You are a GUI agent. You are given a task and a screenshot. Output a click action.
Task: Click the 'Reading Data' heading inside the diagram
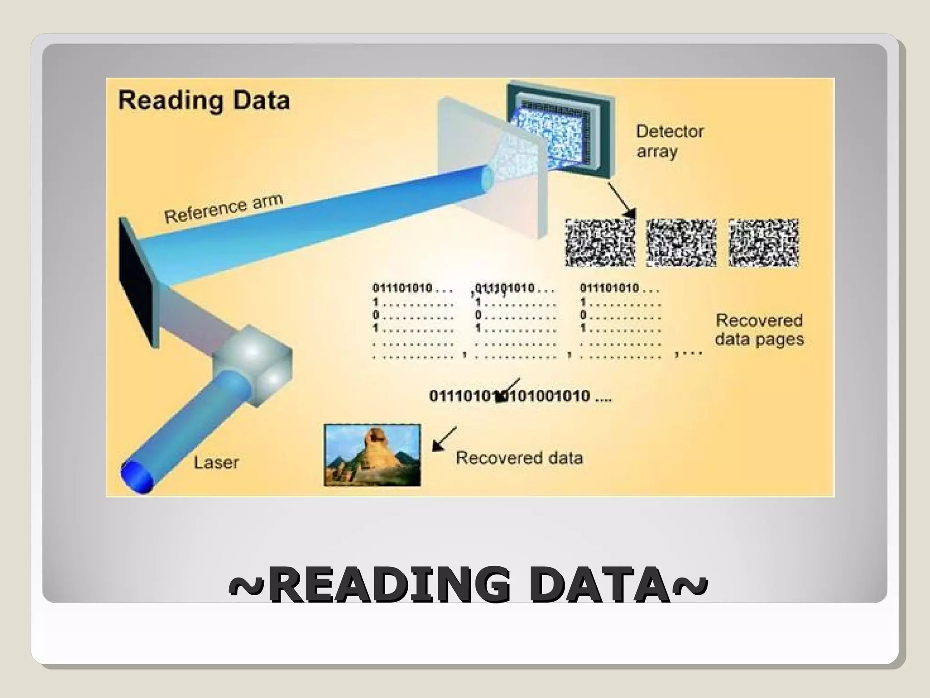pos(204,101)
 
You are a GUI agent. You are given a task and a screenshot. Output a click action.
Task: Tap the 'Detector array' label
pos(669,141)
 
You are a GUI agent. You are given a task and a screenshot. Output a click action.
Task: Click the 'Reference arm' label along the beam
pos(223,208)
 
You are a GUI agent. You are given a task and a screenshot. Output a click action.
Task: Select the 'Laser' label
pos(216,463)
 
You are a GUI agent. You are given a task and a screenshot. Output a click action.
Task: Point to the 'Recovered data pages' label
pos(759,329)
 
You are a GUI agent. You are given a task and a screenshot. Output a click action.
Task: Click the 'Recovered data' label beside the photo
pos(519,458)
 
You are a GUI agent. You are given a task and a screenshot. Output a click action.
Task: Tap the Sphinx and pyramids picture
pos(372,455)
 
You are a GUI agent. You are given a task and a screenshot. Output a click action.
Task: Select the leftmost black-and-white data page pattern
pos(600,243)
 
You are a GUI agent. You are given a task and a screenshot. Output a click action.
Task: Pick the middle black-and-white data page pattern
pos(681,243)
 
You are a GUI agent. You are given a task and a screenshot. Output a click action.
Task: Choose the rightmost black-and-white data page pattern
pos(763,243)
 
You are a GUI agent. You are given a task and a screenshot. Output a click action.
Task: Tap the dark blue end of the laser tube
pos(137,476)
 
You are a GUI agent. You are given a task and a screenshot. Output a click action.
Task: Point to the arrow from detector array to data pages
pos(621,200)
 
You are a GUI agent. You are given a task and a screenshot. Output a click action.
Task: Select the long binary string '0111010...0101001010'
pos(520,396)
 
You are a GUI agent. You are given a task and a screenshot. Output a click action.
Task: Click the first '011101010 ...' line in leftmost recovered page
pos(412,288)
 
